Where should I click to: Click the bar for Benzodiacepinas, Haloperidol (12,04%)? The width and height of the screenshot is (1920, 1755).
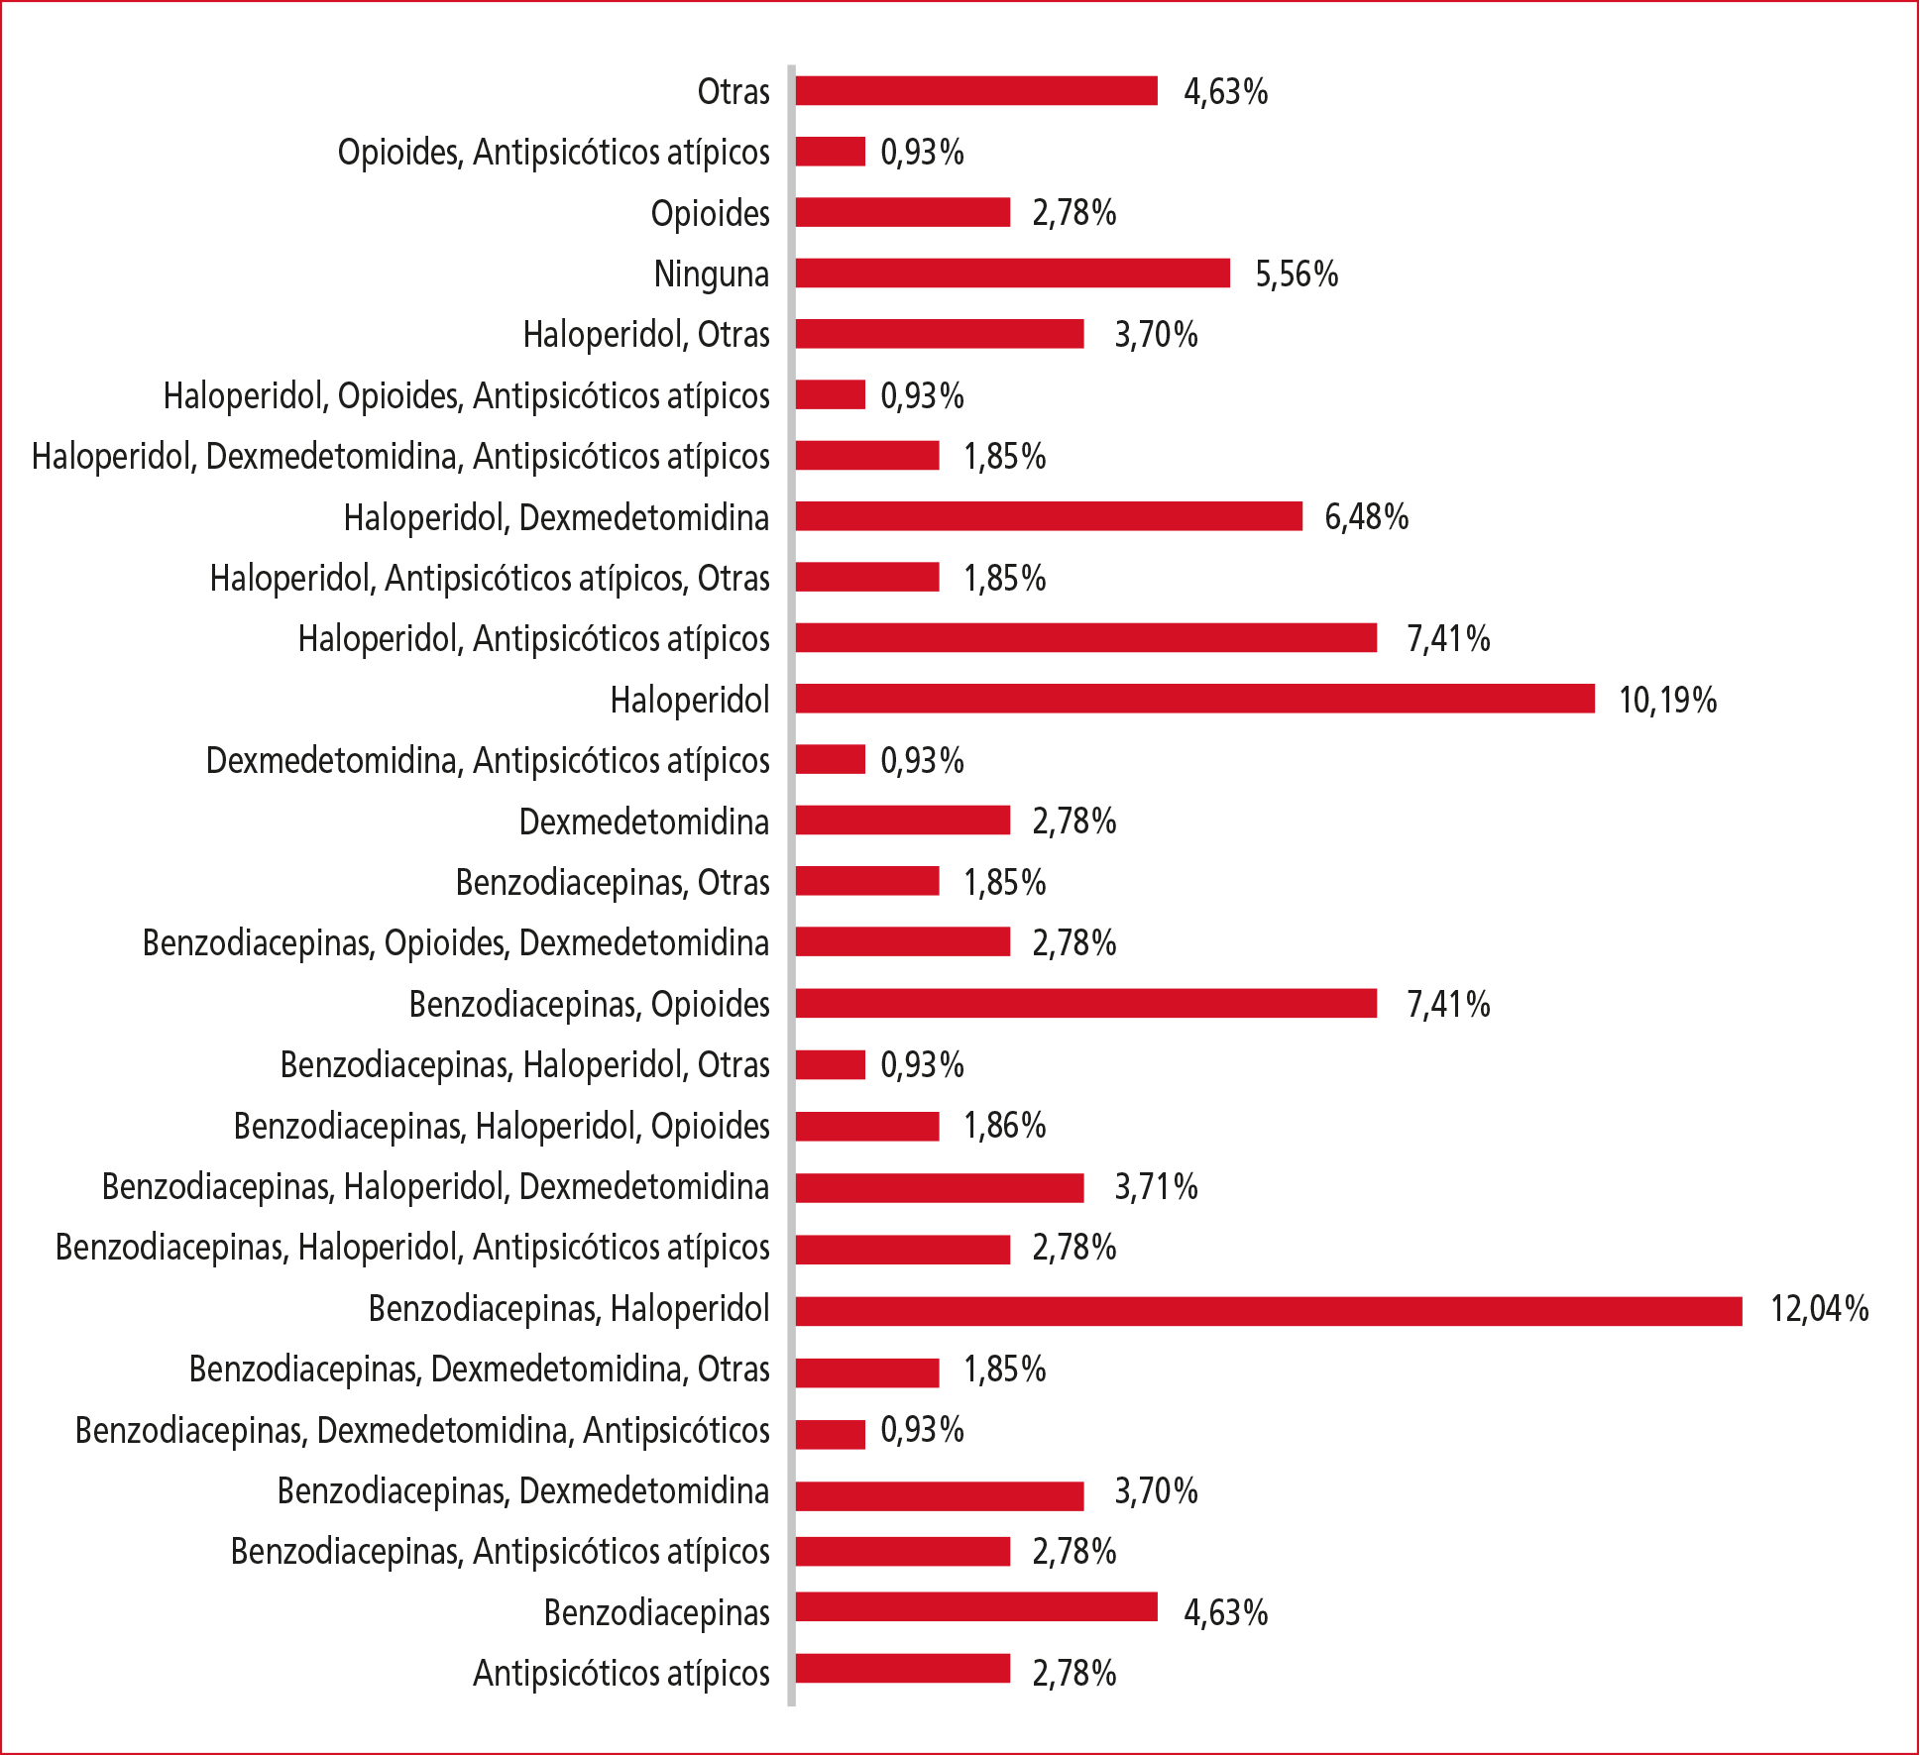1268,1310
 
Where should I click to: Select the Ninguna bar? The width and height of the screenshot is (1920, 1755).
1012,274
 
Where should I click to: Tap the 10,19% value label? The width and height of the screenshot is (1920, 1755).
1667,701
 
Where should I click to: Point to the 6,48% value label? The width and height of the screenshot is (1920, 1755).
1366,517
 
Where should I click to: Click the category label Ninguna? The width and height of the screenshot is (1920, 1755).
711,274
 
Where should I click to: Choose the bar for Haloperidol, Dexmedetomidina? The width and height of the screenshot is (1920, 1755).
1048,516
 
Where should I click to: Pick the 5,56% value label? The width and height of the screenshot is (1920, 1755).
1297,274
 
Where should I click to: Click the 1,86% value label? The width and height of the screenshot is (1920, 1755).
1004,1126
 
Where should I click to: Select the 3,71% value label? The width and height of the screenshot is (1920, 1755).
1156,1187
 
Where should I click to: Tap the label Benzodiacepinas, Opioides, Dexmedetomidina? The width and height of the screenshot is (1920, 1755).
455,943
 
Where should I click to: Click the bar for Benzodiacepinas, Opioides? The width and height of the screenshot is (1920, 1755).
1085,1004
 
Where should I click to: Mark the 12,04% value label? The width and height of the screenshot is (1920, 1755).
1819,1310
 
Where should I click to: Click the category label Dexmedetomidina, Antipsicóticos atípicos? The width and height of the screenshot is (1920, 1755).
487,761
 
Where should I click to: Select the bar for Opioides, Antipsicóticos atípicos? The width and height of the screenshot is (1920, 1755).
830,152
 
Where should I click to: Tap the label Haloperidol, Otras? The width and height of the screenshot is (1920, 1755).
645,335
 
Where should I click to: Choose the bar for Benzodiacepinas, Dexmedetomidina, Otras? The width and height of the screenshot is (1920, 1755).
866,1371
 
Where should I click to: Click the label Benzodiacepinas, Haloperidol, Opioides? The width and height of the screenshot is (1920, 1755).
501,1127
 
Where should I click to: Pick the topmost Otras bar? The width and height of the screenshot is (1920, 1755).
975,91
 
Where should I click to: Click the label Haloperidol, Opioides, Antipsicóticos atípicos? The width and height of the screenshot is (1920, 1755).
466,396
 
